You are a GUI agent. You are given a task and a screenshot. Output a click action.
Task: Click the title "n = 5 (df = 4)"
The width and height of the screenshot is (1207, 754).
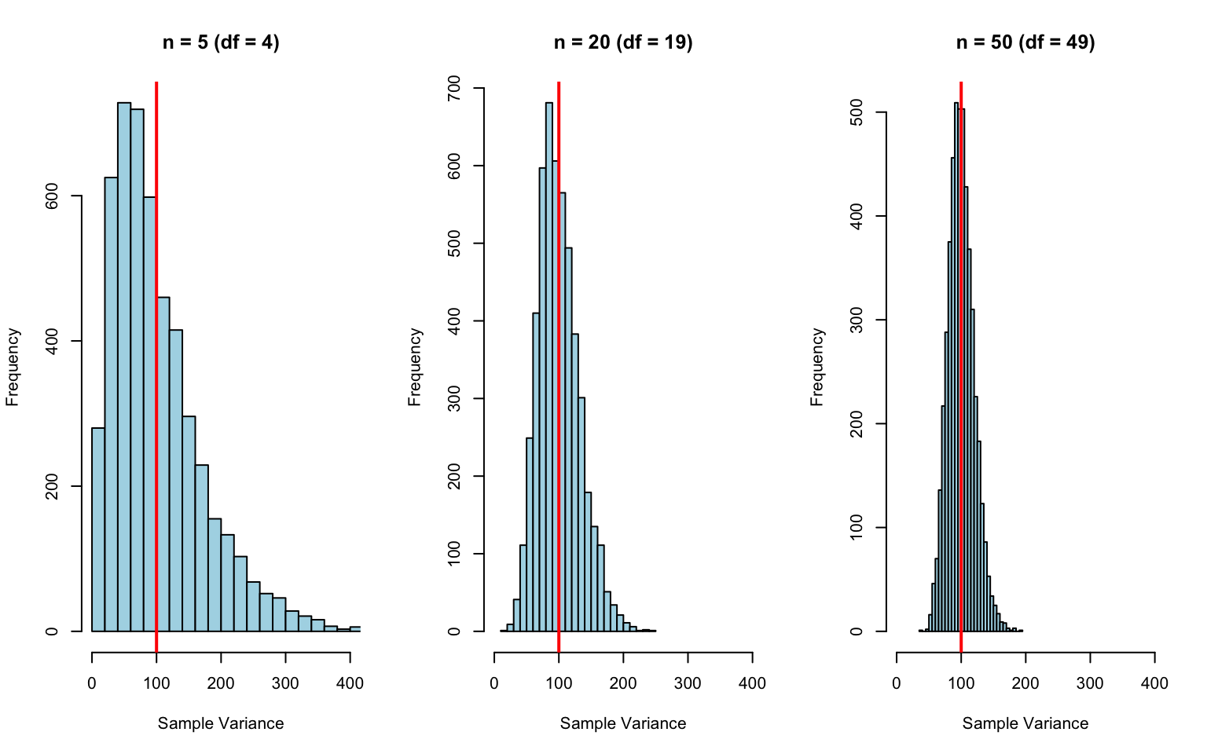coord(221,42)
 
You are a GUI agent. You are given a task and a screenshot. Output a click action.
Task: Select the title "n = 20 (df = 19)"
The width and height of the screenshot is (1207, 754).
coord(623,42)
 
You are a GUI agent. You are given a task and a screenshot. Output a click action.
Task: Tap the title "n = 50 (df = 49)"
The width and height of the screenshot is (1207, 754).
coord(1025,42)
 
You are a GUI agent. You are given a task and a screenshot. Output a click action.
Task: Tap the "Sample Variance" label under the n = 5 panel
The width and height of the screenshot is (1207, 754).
coord(221,723)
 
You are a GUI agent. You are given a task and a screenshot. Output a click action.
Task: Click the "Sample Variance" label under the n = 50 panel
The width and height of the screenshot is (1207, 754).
coord(1025,723)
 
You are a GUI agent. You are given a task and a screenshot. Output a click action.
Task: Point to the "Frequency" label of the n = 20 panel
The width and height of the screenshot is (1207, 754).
coord(415,367)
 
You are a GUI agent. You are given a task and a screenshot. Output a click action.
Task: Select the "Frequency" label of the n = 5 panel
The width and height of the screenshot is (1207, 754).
coord(13,367)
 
